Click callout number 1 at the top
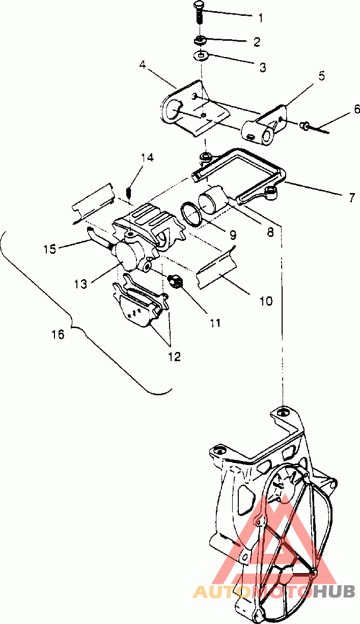260,18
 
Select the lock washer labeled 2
200,40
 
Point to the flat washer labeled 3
200,55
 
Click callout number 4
143,65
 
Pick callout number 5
322,76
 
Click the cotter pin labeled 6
315,127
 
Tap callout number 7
352,198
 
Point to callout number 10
266,301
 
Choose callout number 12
175,357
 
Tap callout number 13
80,284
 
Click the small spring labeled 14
129,192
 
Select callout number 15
50,249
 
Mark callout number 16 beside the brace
58,334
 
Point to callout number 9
233,235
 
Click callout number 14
147,158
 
